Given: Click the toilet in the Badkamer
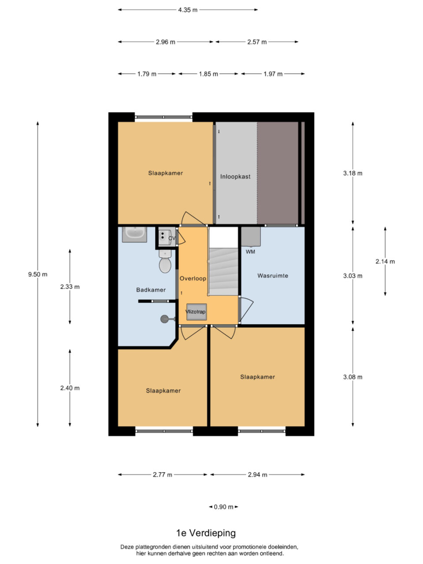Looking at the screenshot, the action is click(165, 261).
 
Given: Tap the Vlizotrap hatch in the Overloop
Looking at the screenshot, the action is click(197, 312).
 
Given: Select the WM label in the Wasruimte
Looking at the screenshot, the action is click(250, 252).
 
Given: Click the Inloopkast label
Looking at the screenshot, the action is click(235, 177).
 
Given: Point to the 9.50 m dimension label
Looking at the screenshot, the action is click(38, 275).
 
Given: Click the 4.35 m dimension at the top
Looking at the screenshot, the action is click(188, 10).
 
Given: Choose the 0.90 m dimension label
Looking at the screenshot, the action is click(223, 507).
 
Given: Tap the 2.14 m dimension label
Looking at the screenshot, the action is click(385, 262).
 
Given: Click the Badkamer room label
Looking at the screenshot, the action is click(151, 290).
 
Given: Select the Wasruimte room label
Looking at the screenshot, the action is click(273, 276).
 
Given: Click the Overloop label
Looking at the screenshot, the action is click(193, 278).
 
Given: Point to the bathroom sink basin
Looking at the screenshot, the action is click(134, 234).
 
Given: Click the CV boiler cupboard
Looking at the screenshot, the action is click(167, 237).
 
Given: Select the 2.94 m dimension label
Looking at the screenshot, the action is click(257, 475).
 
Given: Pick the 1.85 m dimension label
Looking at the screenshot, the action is click(208, 74).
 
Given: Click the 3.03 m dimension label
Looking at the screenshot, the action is click(352, 276).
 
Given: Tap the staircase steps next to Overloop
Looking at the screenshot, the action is click(223, 271).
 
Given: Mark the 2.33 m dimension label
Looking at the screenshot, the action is click(70, 286).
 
